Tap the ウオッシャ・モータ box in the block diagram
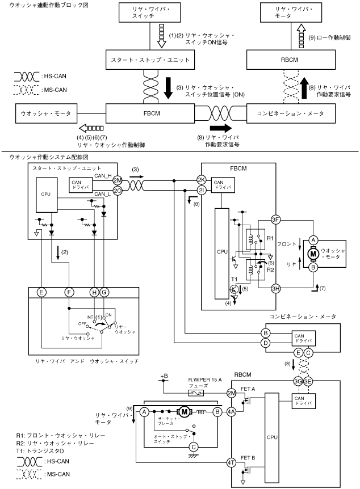pos(43,113)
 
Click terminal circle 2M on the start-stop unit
pos(118,180)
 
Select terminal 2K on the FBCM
pos(200,180)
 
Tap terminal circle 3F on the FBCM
pos(275,220)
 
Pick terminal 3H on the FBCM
pos(275,288)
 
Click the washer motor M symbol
pos(313,253)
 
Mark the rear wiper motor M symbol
pos(183,410)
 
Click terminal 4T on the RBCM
pos(231,463)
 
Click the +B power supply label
pos(165,377)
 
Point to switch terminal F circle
pos(70,292)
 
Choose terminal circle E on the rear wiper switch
pos(41,292)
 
